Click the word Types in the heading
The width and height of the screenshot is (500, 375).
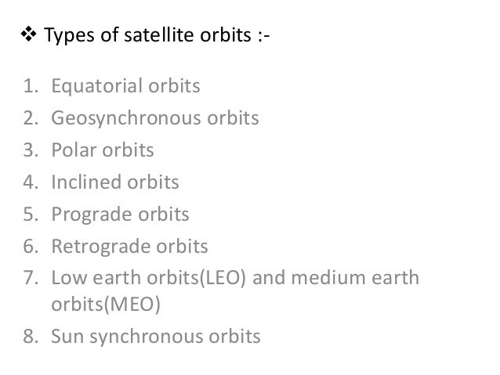point(62,37)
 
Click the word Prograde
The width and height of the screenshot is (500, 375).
point(86,215)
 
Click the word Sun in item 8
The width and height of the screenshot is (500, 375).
point(67,337)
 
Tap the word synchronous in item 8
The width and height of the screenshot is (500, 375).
point(145,338)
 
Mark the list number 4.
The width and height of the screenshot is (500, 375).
point(31,182)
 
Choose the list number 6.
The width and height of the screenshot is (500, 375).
point(31,247)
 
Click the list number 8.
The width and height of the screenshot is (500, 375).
point(31,337)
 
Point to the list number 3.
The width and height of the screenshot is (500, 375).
point(31,149)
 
